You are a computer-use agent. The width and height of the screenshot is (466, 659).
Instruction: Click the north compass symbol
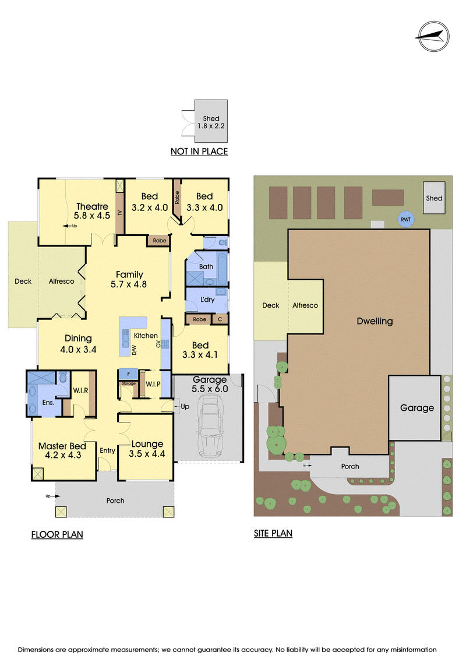point(433,37)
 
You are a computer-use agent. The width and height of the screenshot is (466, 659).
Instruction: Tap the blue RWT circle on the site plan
point(405,220)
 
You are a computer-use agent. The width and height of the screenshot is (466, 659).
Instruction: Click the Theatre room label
point(92,206)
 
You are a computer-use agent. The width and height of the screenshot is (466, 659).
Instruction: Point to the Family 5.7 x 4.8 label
point(129,280)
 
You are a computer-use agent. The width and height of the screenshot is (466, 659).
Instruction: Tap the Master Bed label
point(62,446)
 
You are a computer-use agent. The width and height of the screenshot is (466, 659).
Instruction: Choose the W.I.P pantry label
point(153,384)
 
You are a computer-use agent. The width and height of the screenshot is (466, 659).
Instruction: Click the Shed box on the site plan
point(434,198)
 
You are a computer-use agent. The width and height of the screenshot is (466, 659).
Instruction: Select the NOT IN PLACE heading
point(199,151)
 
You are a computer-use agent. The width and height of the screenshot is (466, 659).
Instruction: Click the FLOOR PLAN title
point(57,534)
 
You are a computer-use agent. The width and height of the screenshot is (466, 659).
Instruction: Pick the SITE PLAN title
point(273,533)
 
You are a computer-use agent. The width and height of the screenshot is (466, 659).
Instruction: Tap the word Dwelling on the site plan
point(375,321)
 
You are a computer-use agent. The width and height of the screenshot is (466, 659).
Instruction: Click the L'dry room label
point(207,299)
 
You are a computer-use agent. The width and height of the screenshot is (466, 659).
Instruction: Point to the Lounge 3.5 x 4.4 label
point(147,449)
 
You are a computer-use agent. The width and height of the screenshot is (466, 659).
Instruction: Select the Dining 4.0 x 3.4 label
point(78,344)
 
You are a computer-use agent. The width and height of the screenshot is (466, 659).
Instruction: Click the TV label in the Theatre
point(120,213)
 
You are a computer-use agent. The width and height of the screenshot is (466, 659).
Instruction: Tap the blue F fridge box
point(129,374)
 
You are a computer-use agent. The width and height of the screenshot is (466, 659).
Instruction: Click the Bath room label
point(206,266)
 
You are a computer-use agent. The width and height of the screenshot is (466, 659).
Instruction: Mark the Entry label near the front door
point(107,450)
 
